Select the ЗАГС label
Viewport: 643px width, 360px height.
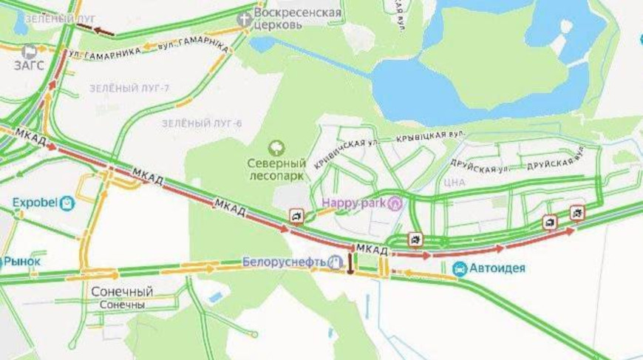pos(29,64)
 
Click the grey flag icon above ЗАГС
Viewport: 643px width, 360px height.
pos(29,51)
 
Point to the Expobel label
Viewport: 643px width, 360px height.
pos(35,202)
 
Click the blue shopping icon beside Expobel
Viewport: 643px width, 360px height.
pos(68,202)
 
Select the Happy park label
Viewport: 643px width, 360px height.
pos(354,202)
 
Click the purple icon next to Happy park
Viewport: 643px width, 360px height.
pos(396,202)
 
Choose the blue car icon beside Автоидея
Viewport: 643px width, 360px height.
pos(460,268)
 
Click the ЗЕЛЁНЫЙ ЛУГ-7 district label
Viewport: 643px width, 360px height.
pos(130,89)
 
